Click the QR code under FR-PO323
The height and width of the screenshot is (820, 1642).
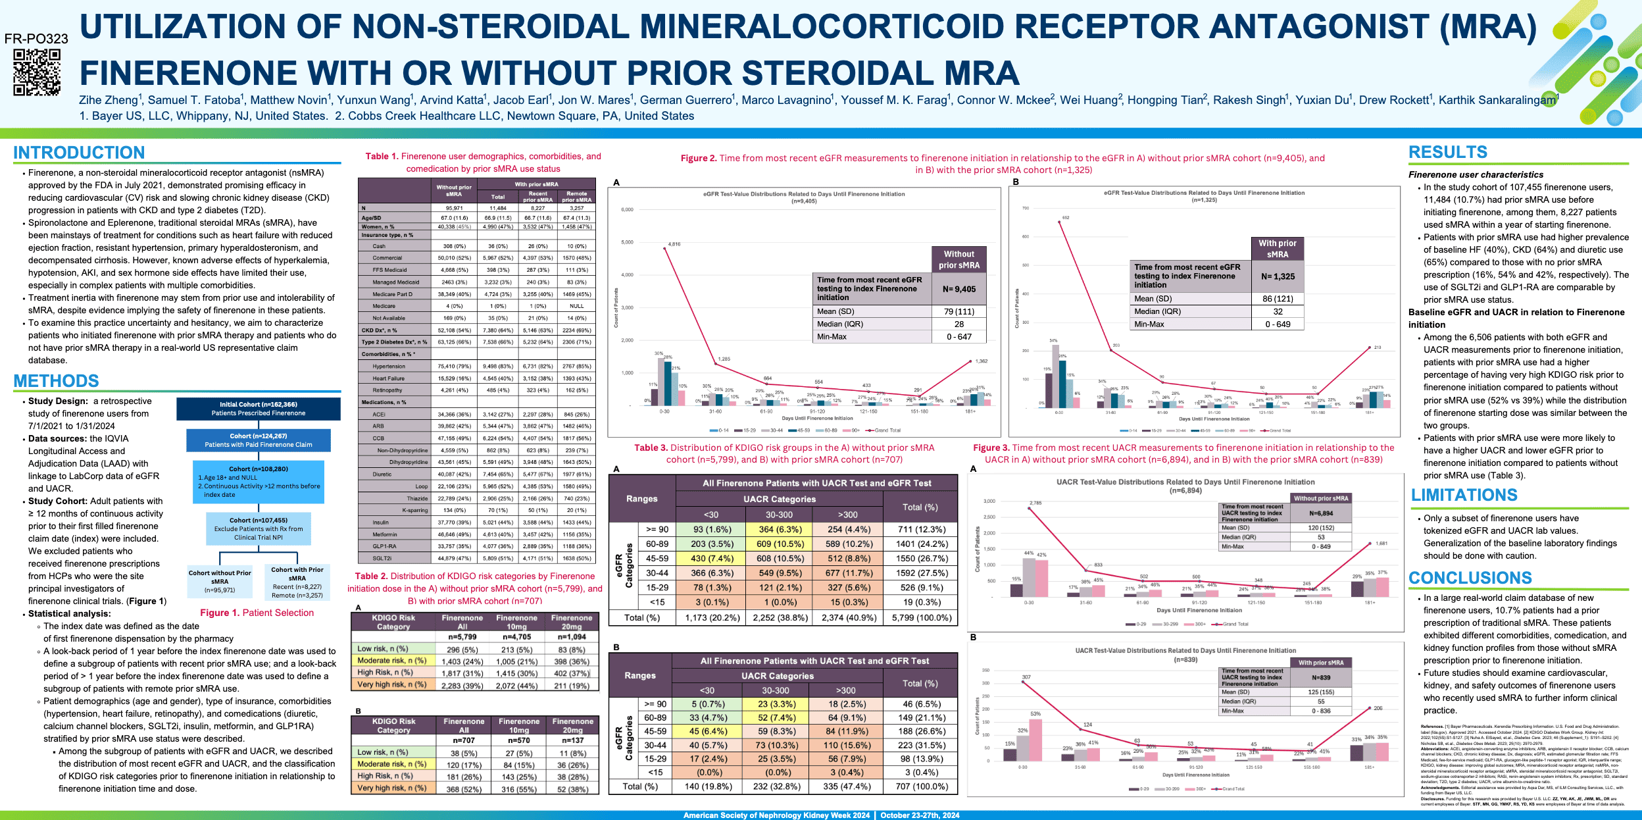[37, 72]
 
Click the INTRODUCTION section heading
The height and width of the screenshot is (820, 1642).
[79, 153]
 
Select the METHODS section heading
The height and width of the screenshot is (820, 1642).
[57, 381]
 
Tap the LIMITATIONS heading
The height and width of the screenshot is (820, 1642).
[1464, 495]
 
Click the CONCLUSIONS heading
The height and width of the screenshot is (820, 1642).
[1470, 578]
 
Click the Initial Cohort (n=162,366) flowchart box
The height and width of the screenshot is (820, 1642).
[259, 409]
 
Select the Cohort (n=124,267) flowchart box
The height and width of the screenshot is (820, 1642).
[259, 440]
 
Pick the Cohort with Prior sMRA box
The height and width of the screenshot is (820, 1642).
[297, 582]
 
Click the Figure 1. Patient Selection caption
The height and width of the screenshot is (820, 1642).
[257, 613]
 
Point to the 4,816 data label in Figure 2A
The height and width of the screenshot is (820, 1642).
[674, 244]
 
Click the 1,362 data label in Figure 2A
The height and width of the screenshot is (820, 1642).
[981, 361]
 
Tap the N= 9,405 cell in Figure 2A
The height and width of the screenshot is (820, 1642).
[959, 289]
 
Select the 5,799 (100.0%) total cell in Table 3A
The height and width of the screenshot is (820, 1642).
[921, 618]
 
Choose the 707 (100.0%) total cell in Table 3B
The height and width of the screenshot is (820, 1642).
[921, 786]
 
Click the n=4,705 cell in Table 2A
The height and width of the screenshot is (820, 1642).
[517, 637]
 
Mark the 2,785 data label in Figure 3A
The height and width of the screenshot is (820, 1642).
[1035, 503]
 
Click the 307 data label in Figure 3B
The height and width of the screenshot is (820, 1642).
[1026, 677]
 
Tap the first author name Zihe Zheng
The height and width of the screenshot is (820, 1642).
[109, 100]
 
